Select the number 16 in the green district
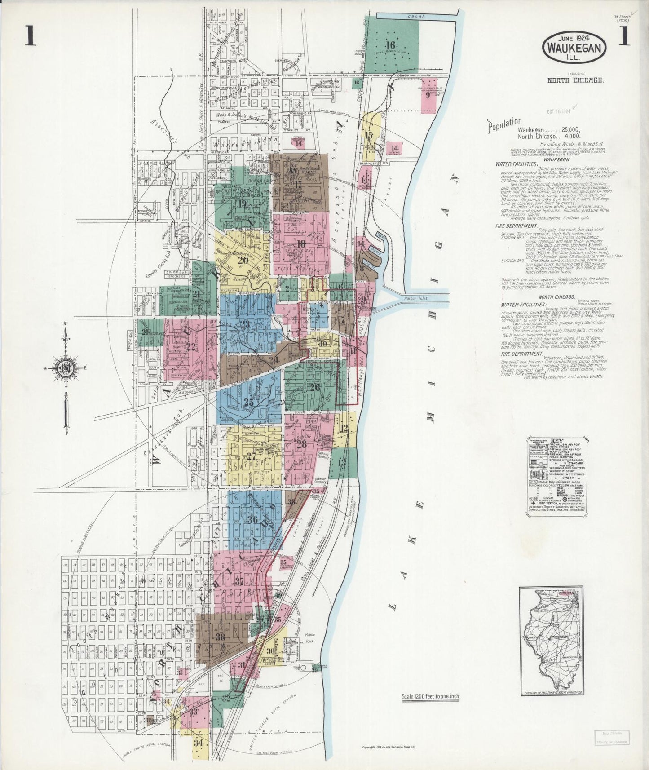(x=390, y=45)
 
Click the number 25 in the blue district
(x=248, y=403)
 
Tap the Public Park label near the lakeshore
(x=310, y=638)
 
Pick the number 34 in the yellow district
(x=200, y=743)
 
